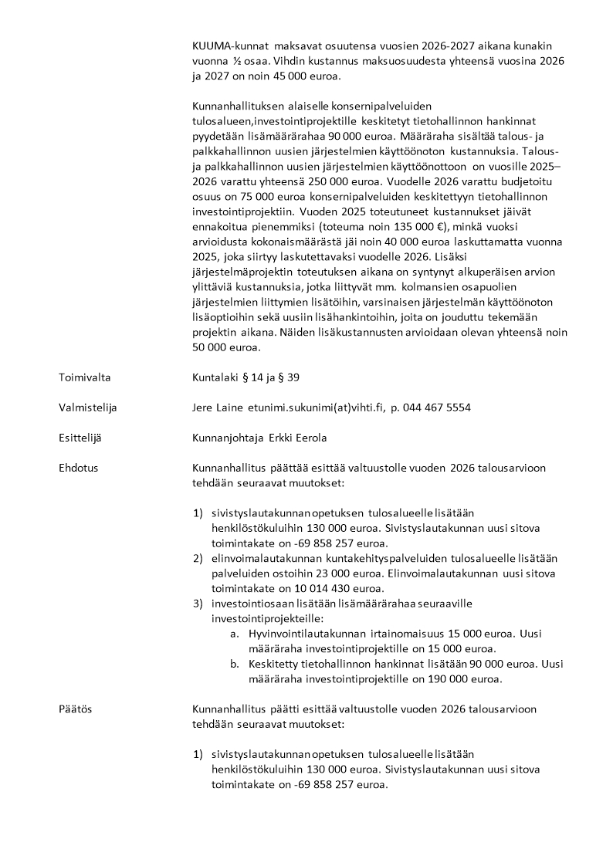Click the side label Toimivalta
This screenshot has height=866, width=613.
[85, 378]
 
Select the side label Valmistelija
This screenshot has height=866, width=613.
[88, 408]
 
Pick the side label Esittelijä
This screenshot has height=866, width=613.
[80, 438]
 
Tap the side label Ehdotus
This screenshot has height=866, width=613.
[78, 468]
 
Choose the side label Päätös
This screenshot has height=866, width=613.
[75, 709]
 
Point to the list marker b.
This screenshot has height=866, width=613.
[235, 664]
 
